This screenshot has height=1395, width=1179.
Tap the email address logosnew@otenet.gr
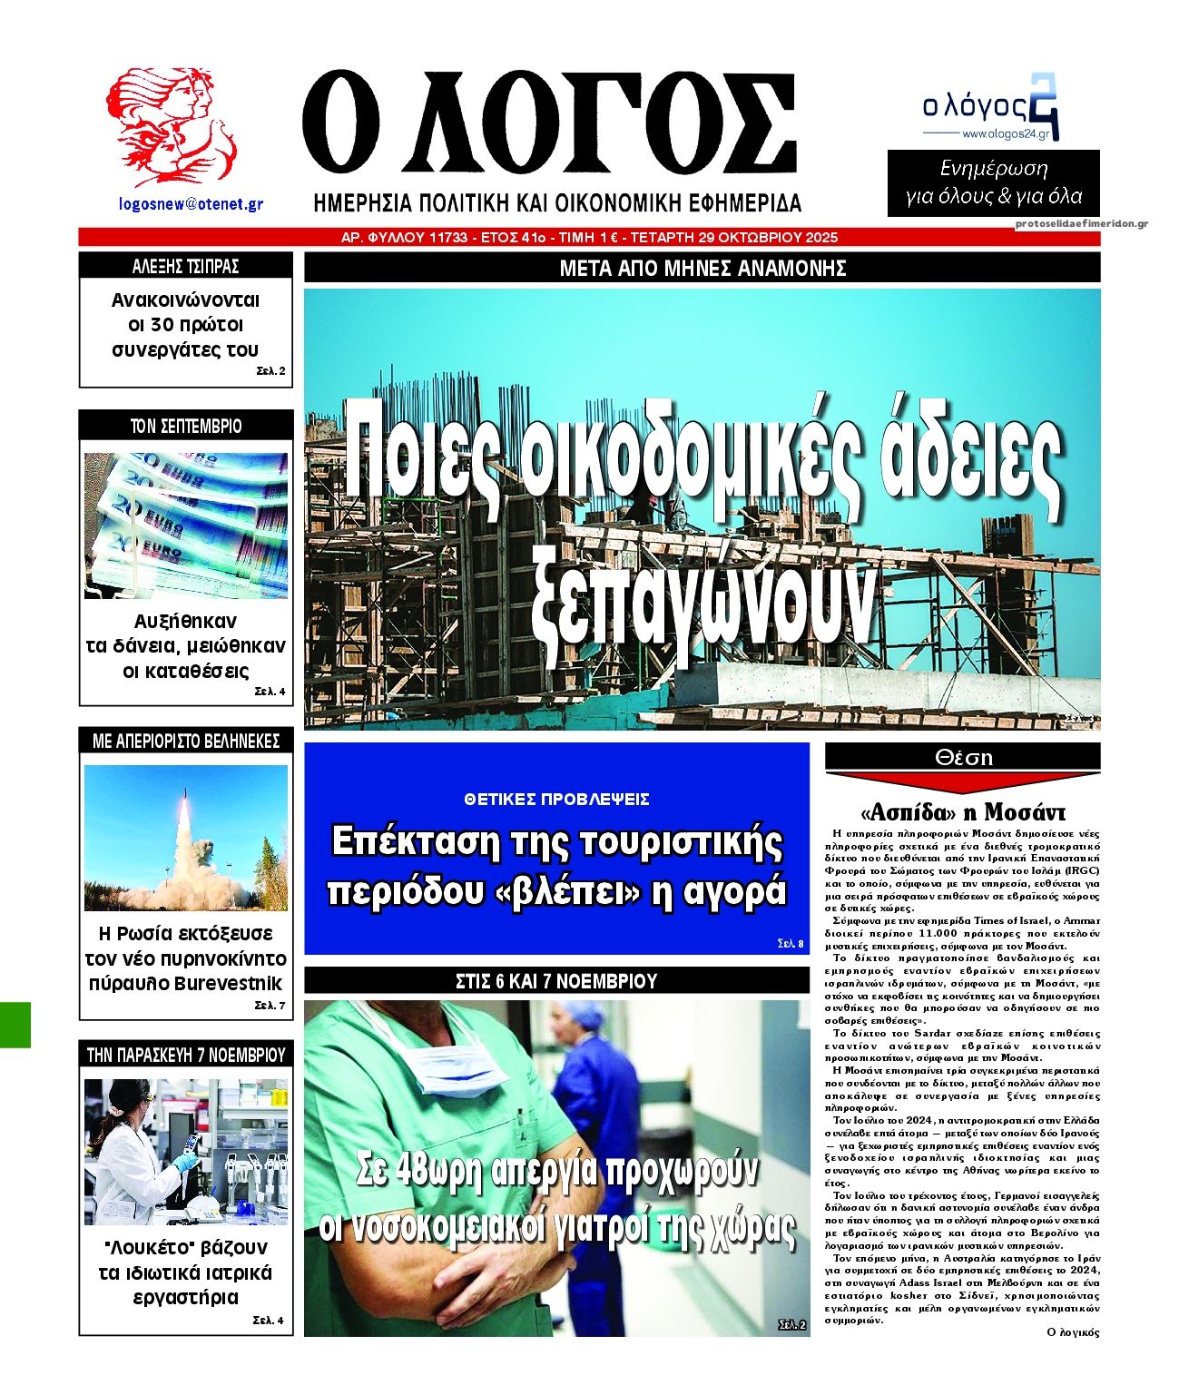pyautogui.click(x=192, y=204)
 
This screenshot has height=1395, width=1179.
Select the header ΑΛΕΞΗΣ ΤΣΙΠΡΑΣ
pyautogui.click(x=186, y=266)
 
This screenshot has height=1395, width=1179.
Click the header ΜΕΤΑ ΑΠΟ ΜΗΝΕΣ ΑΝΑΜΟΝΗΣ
pyautogui.click(x=702, y=269)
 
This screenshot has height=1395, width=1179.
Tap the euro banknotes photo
pyautogui.click(x=186, y=525)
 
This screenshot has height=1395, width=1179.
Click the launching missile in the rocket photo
pyautogui.click(x=184, y=817)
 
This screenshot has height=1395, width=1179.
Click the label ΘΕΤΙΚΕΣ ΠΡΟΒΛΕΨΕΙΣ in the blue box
pyautogui.click(x=556, y=800)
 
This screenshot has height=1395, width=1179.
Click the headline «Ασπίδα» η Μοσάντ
pyautogui.click(x=962, y=810)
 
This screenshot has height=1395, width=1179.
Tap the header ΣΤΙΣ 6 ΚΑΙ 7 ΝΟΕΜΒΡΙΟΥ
pyautogui.click(x=556, y=981)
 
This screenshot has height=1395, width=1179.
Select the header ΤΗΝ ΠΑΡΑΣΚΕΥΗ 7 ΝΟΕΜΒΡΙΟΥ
pyautogui.click(x=186, y=1055)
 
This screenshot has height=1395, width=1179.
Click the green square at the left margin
pyautogui.click(x=15, y=1025)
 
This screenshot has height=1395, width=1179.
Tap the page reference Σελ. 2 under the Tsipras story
pyautogui.click(x=270, y=371)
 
